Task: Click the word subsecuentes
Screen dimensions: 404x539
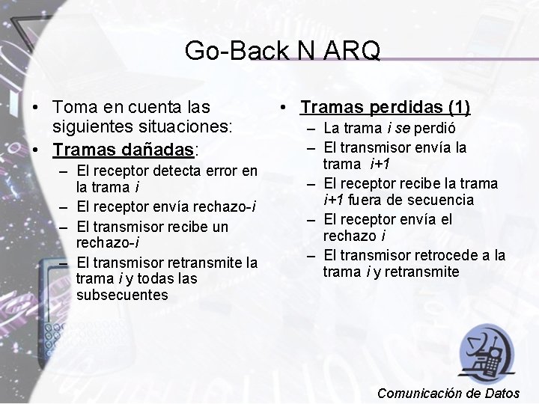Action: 122,295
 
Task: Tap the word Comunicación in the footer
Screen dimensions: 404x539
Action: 420,393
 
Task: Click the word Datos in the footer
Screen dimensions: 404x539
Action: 502,393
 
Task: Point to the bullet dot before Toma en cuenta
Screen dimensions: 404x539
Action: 35,108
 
